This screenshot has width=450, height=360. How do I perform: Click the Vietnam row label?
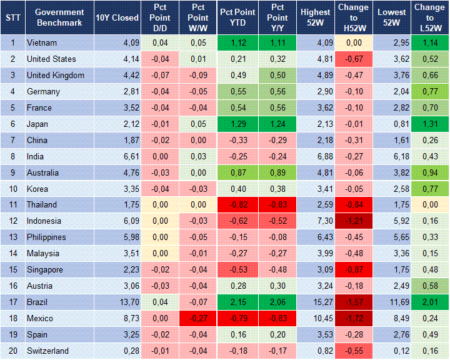[41, 43]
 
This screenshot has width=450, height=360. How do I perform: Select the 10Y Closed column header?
[117, 17]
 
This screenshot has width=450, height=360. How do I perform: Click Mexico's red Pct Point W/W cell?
[198, 318]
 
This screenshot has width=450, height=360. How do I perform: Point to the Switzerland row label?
[47, 351]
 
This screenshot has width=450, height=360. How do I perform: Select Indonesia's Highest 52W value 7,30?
[315, 221]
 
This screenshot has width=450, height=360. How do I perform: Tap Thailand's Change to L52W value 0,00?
[429, 204]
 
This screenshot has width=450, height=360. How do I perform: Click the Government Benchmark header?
[59, 17]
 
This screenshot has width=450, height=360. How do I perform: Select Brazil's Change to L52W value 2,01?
[429, 302]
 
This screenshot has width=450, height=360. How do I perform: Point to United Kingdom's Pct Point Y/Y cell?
[276, 76]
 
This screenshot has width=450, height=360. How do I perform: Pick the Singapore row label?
[46, 269]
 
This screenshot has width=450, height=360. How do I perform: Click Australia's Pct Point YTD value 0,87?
[237, 172]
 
